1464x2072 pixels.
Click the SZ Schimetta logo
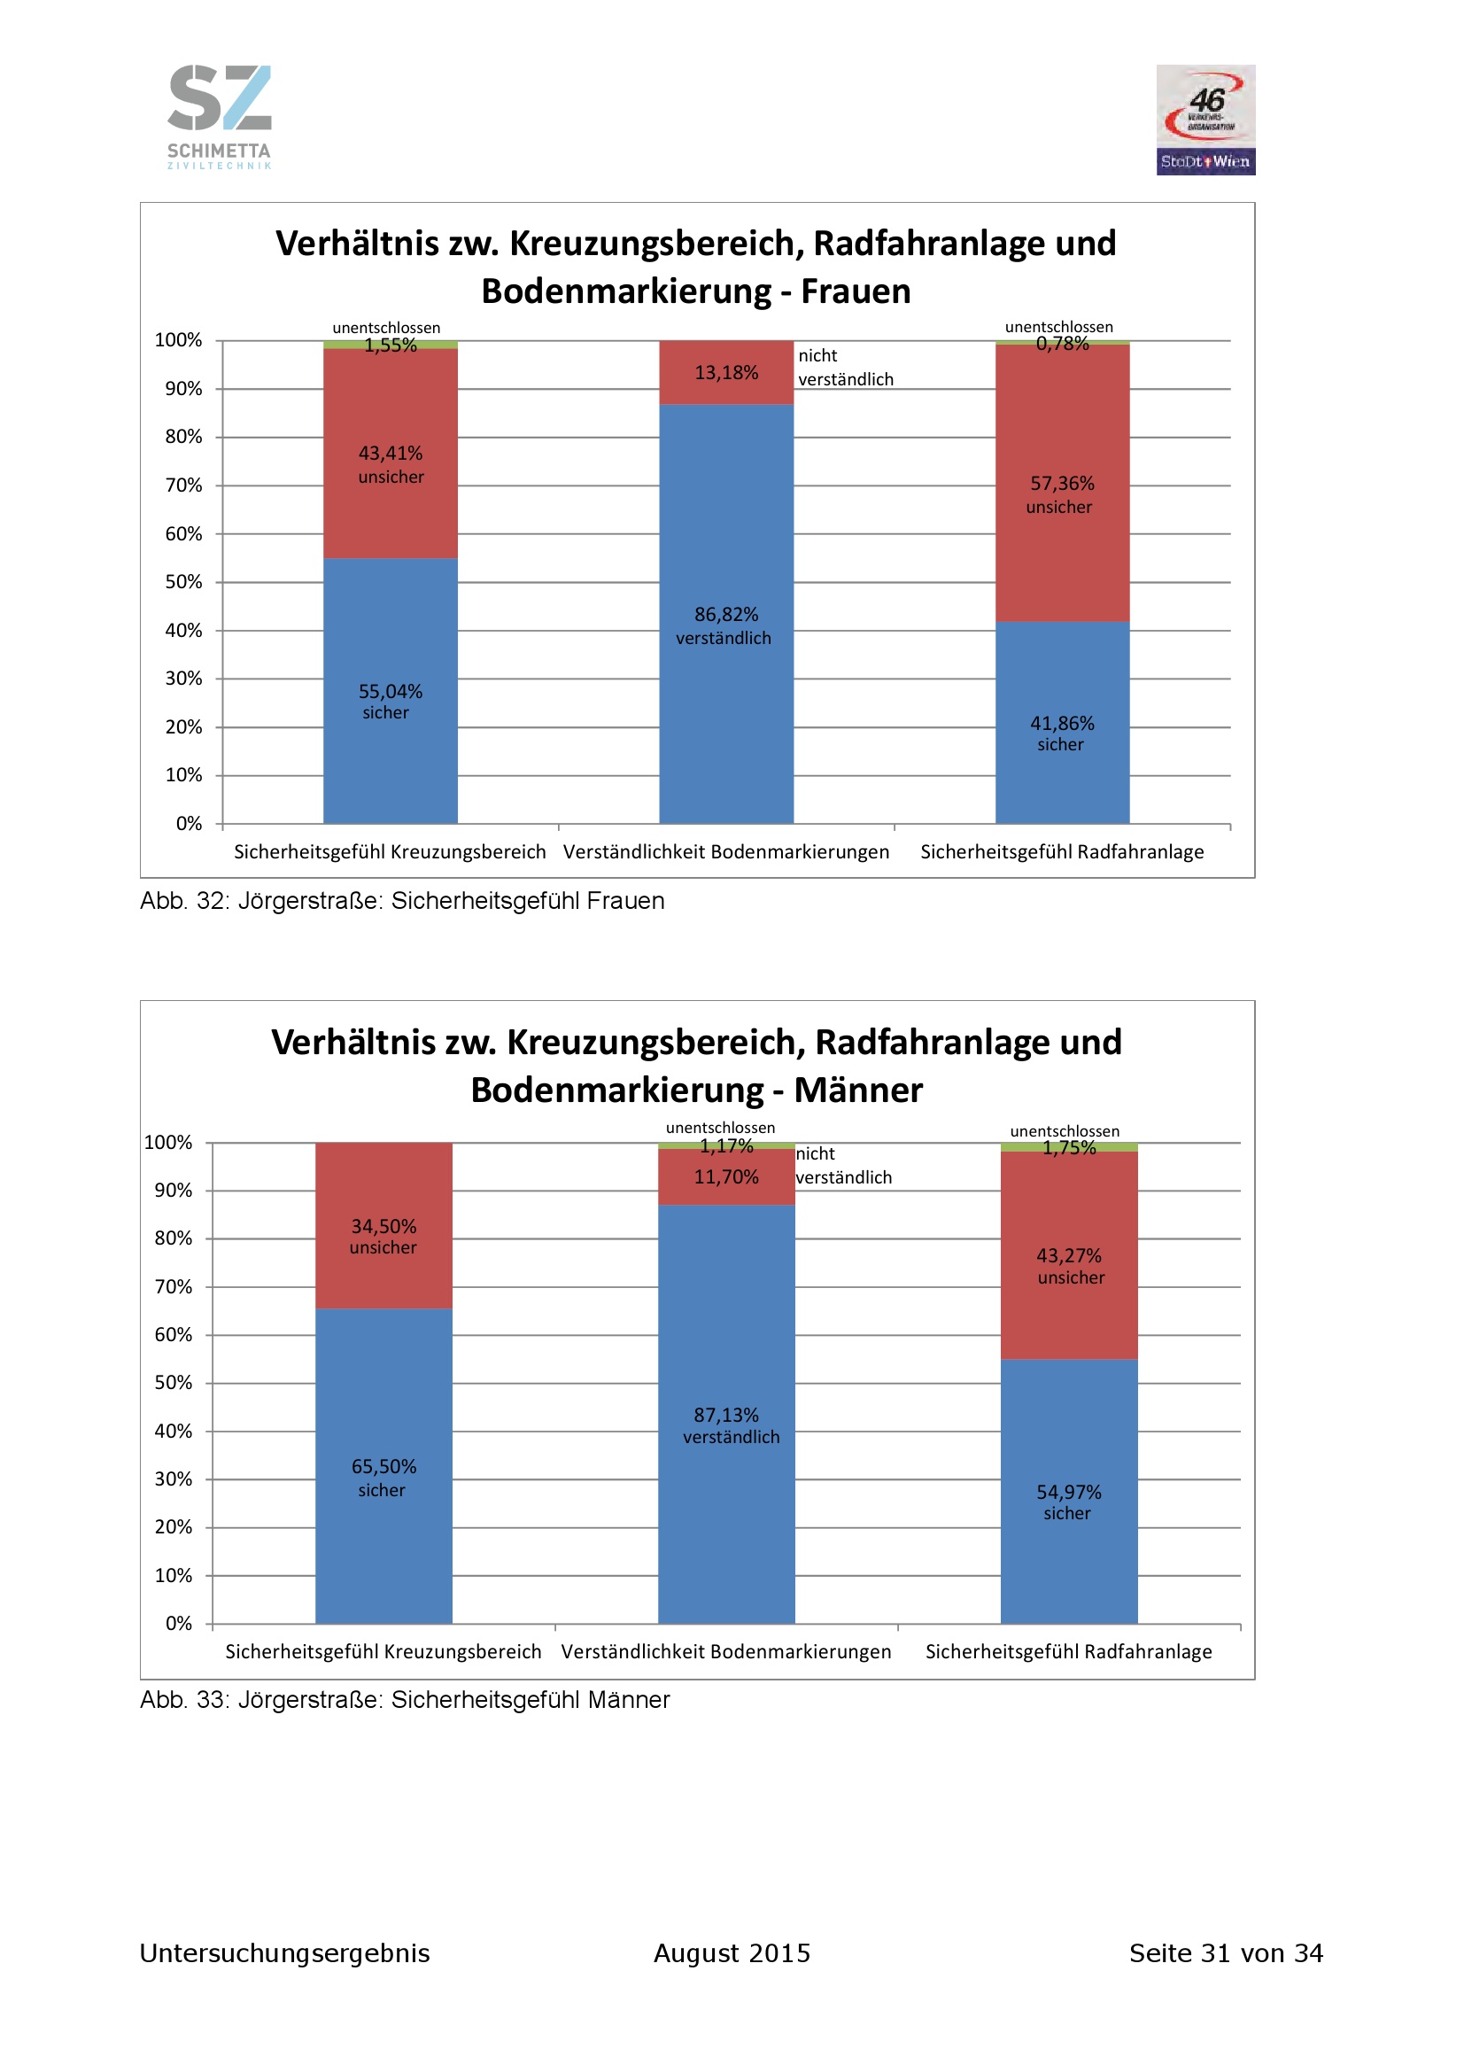pos(219,115)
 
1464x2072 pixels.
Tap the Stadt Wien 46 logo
pos(1205,119)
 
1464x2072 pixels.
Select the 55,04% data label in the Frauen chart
pos(390,691)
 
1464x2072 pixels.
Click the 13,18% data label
pos(726,373)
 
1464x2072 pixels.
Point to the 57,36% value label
pos(1062,484)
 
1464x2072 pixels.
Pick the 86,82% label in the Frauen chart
pos(726,615)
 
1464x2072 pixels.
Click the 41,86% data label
pos(1062,724)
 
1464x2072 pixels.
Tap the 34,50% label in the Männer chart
pos(383,1226)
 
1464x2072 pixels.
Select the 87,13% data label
pos(726,1415)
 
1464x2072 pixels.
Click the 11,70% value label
pos(726,1176)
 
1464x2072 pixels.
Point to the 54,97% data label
pos(1069,1492)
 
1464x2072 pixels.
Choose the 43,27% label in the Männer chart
pos(1069,1255)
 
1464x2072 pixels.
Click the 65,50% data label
pos(383,1466)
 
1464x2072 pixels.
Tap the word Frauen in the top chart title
pos(856,291)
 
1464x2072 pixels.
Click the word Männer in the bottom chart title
pos(858,1090)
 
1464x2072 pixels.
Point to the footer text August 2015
pos(732,1953)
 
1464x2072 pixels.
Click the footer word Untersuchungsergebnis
pos(284,1953)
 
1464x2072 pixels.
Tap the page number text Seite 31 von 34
pos(1226,1953)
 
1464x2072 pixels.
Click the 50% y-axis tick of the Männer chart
pos(174,1383)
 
